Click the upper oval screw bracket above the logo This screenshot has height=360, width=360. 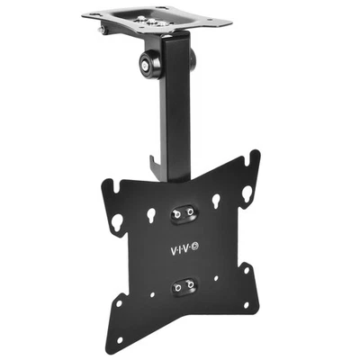pos(182,211)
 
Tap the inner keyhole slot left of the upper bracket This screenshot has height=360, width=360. pos(151,215)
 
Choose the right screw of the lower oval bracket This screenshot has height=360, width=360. pos(191,285)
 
